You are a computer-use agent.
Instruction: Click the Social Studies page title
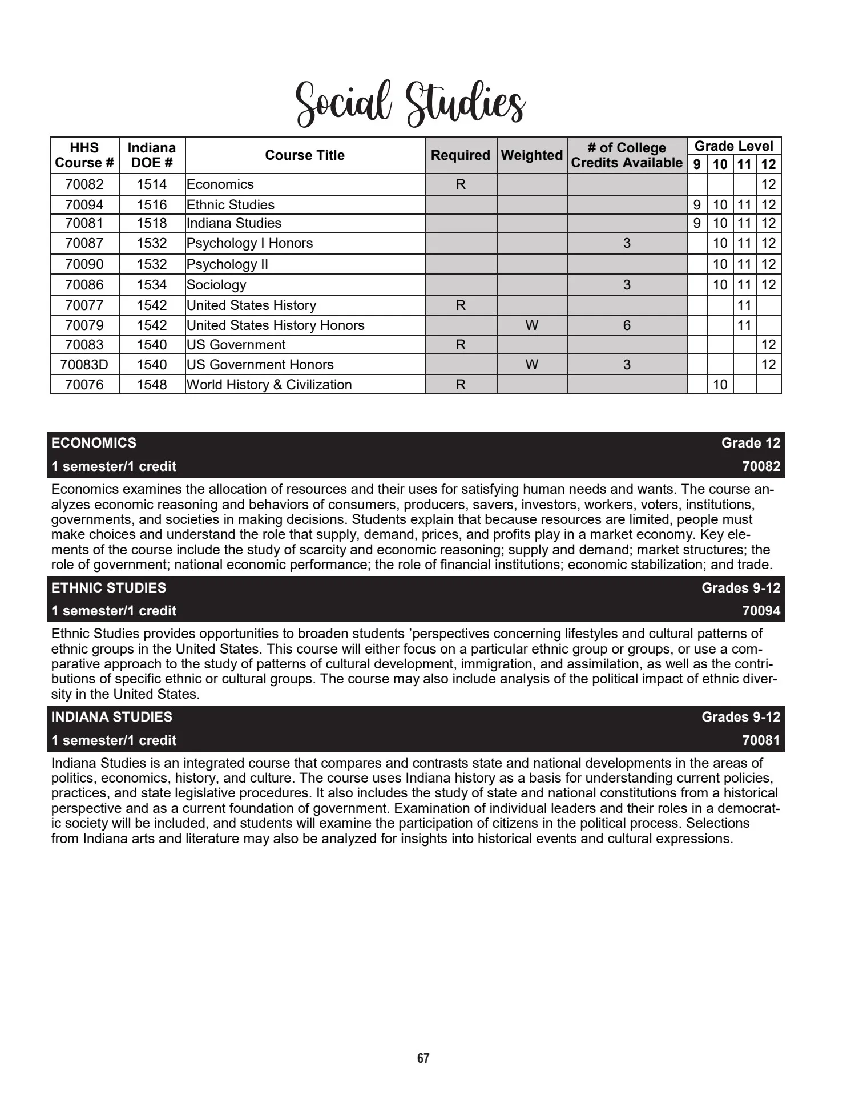(x=410, y=104)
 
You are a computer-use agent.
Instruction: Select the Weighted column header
(x=531, y=155)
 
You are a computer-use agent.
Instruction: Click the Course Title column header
(x=305, y=155)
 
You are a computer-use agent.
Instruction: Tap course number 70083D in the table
(x=84, y=365)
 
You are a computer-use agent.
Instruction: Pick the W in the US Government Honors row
(x=531, y=365)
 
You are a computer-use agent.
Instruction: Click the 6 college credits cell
(x=627, y=325)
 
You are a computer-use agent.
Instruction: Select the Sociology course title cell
(x=216, y=285)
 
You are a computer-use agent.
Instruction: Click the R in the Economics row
(x=461, y=184)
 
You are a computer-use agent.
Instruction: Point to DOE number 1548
(x=152, y=385)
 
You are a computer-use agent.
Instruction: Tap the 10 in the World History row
(x=720, y=385)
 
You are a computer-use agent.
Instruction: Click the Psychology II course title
(x=227, y=264)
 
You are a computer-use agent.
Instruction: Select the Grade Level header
(x=733, y=146)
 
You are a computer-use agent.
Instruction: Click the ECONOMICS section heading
(x=94, y=443)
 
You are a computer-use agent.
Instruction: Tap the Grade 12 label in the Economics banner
(x=751, y=443)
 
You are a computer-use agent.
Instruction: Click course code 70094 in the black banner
(x=761, y=611)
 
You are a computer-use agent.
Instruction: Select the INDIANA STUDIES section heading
(x=112, y=717)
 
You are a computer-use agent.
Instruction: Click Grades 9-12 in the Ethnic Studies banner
(x=741, y=588)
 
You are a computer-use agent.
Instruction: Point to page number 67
(x=423, y=1058)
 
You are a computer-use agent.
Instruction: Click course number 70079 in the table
(x=84, y=325)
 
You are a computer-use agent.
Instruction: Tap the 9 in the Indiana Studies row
(x=697, y=223)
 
